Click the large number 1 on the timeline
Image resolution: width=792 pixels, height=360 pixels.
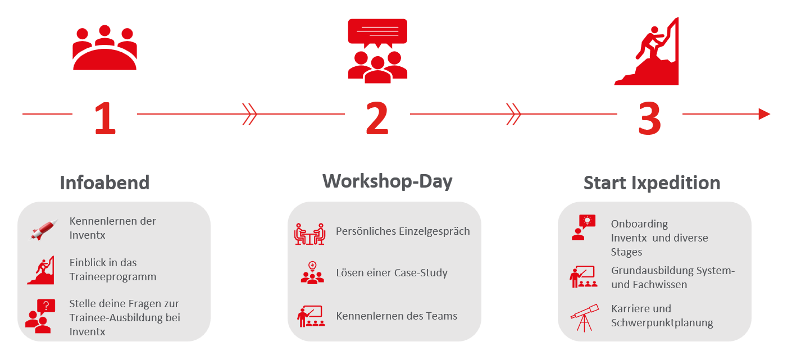click(x=106, y=118)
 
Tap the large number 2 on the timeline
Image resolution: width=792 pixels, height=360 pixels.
click(x=377, y=118)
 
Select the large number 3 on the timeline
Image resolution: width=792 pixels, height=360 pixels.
click(x=649, y=118)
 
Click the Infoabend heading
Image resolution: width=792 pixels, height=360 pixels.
click(x=104, y=183)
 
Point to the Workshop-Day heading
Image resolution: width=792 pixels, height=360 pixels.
click(x=388, y=181)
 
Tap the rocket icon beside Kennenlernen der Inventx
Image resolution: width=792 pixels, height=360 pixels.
click(x=44, y=230)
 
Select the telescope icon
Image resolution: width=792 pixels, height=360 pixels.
click(x=585, y=317)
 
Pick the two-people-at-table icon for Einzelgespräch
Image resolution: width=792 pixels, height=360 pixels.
click(x=309, y=234)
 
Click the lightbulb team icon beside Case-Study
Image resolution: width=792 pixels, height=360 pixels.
click(x=312, y=272)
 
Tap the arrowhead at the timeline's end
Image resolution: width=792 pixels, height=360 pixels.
click(x=764, y=114)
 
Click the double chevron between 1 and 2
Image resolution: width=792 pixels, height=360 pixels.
click(x=249, y=114)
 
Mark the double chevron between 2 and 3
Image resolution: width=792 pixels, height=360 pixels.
click(x=513, y=114)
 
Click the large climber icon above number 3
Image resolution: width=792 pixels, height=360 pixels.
click(x=647, y=51)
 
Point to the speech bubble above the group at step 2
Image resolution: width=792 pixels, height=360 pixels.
click(x=377, y=33)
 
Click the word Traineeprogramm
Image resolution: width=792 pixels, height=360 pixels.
click(x=113, y=276)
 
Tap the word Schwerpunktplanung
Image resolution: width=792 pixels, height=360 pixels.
click(x=662, y=323)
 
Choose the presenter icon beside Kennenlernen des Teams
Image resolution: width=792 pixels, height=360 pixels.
click(x=311, y=316)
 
